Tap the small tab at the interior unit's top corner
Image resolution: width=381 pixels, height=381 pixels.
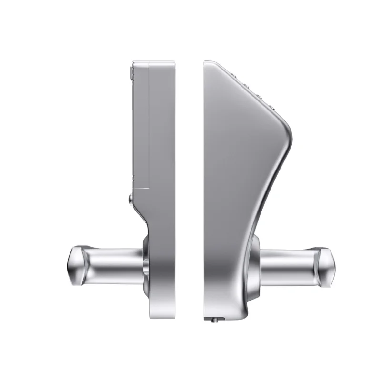tap(131, 73)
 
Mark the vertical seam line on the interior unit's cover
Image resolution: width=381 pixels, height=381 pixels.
tap(149, 124)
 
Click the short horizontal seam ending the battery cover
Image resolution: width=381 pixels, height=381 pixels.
tap(141, 189)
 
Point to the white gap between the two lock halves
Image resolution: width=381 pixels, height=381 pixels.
tap(189, 190)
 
